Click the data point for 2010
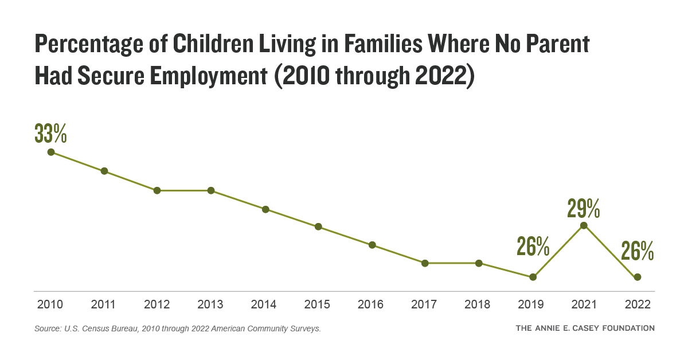pos(51,152)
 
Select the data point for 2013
pos(211,190)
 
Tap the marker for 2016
pos(372,245)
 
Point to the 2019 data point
pos(533,277)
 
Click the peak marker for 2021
pos(584,225)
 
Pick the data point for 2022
pos(638,277)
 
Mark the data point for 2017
pos(425,263)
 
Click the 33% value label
pos(51,133)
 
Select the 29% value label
pos(584,208)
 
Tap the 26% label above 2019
pos(533,246)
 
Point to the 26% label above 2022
pos(638,251)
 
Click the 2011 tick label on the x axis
pos(104,304)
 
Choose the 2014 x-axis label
pos(264,304)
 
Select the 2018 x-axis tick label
pos(478,304)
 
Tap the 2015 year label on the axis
pos(318,304)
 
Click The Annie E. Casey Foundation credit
pos(585,328)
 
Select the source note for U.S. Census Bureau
pos(177,329)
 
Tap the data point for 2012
pos(157,190)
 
